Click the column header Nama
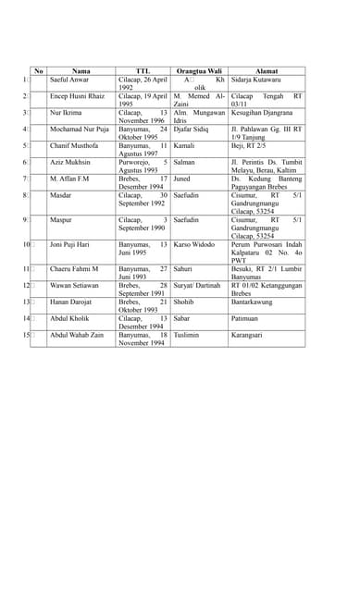click(x=81, y=71)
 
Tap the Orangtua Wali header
click(x=199, y=71)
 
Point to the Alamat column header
click(x=267, y=71)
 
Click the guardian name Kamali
click(x=184, y=146)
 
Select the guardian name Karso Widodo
click(x=194, y=245)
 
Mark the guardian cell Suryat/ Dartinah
click(x=197, y=286)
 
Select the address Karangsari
click(x=250, y=335)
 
